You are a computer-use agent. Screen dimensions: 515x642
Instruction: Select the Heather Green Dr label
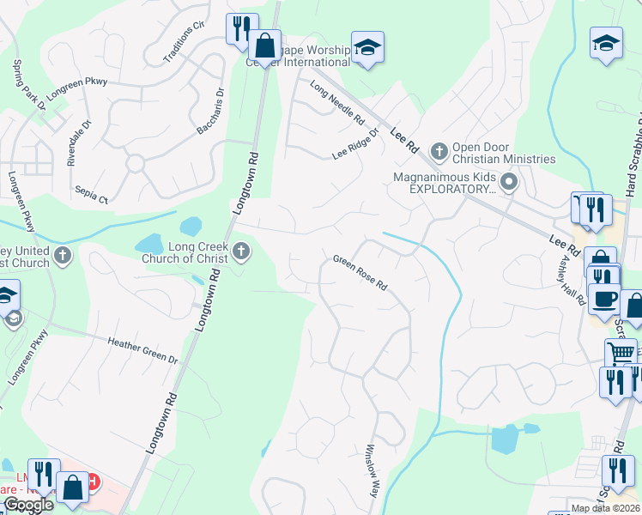142,350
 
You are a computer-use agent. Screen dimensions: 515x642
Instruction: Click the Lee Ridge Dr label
355,145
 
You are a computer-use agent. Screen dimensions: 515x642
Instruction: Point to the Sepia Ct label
91,195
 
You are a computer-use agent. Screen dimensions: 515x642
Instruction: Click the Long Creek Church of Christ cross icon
241,251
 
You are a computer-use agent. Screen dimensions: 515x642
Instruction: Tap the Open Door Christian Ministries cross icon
439,152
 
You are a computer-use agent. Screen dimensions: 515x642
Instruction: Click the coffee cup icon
606,297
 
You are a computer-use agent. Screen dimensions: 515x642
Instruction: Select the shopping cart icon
621,351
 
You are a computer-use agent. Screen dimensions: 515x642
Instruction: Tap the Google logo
27,505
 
